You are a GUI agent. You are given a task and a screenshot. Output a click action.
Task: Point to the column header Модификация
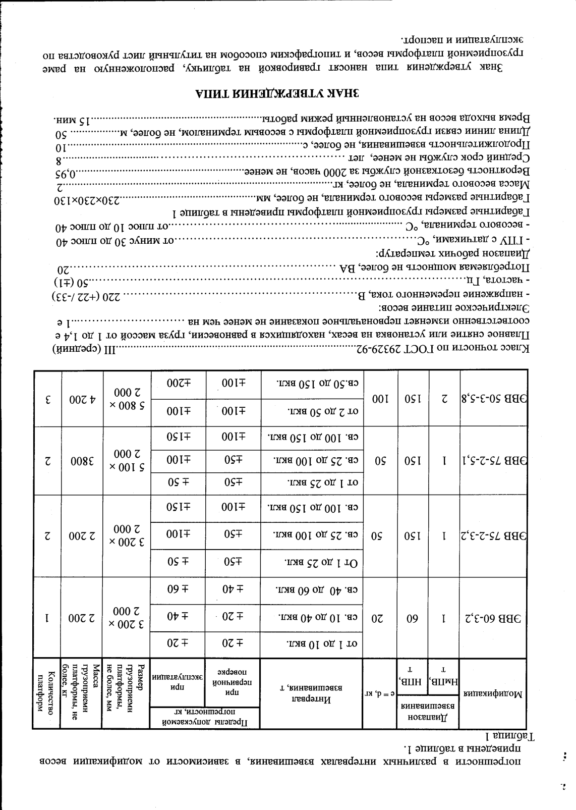(x=493, y=693)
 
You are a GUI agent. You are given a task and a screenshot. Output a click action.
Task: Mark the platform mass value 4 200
(x=82, y=399)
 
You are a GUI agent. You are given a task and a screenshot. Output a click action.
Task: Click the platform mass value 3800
(x=82, y=460)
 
